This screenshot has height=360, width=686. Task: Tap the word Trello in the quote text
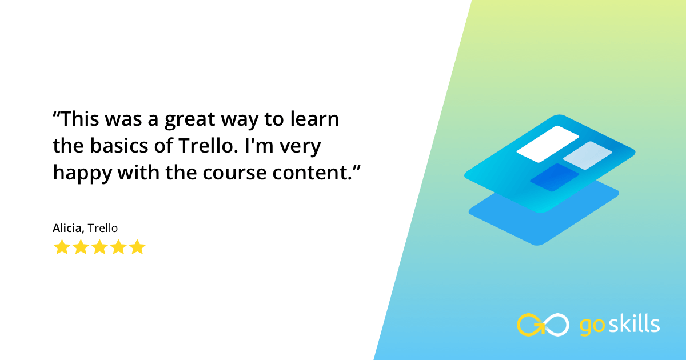pos(198,146)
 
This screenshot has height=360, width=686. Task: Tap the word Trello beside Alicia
pos(103,228)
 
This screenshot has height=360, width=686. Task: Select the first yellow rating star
pos(61,247)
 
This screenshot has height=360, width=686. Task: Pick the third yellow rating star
pos(99,247)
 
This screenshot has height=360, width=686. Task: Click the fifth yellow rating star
pos(137,247)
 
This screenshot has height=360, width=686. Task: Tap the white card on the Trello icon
pos(548,144)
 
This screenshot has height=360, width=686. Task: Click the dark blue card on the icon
pos(554,177)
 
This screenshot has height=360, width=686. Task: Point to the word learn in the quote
pos(313,121)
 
